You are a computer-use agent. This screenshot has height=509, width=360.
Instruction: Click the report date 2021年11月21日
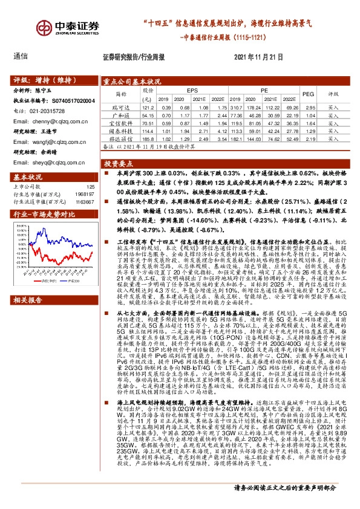click(x=258, y=56)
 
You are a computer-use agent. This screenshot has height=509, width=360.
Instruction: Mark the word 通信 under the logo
click(x=21, y=56)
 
